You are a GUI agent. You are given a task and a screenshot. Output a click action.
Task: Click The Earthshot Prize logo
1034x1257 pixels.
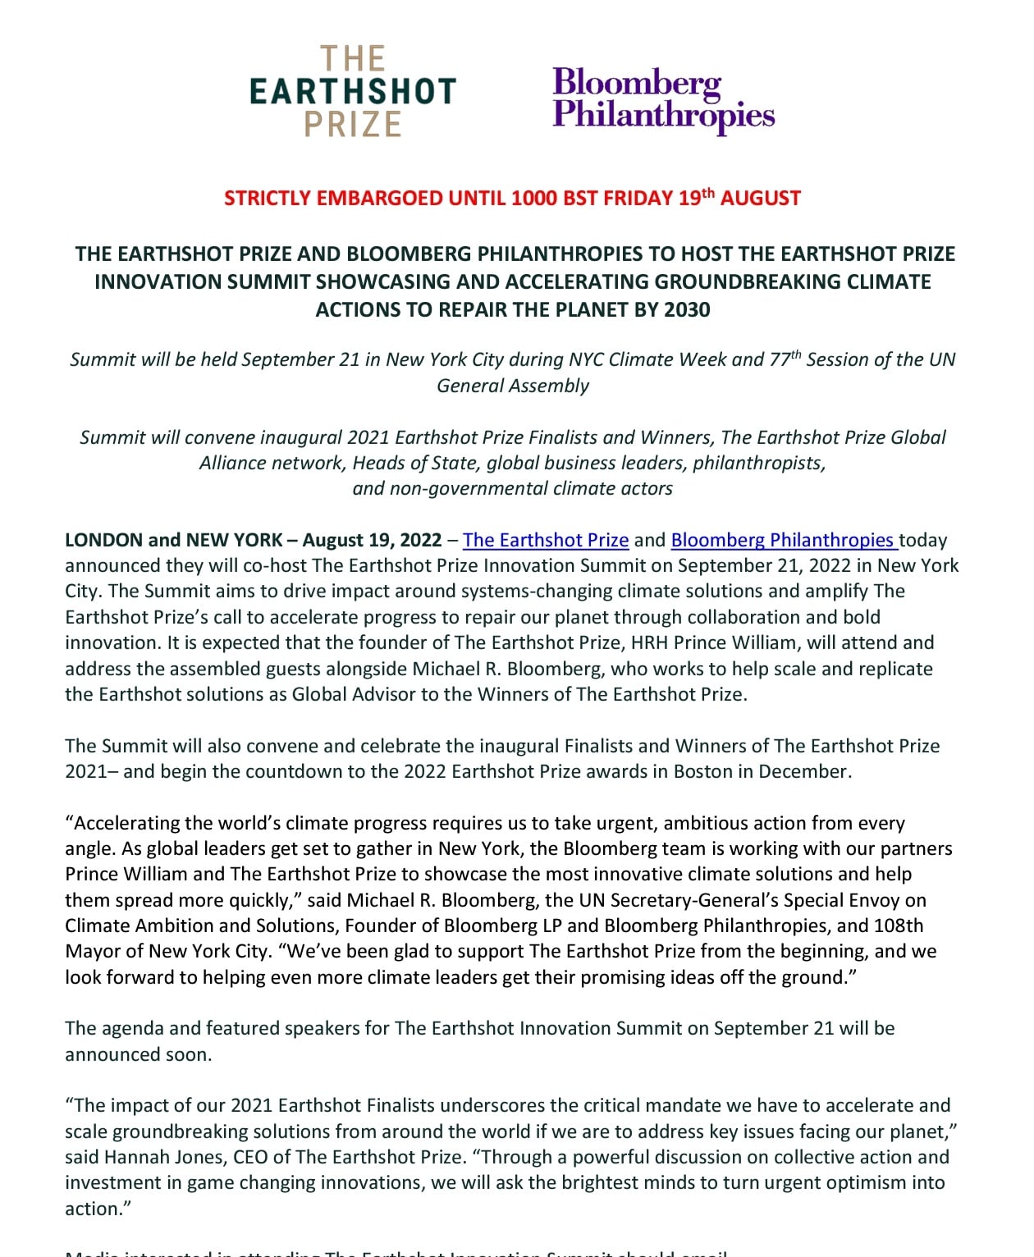[353, 91]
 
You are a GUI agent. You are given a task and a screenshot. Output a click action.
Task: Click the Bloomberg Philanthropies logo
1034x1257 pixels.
[663, 99]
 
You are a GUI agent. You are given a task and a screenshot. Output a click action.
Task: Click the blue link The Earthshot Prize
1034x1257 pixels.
[546, 540]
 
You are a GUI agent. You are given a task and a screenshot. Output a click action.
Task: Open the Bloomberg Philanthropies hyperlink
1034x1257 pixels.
[782, 540]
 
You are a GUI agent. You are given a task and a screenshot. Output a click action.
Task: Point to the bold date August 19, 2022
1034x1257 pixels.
[372, 540]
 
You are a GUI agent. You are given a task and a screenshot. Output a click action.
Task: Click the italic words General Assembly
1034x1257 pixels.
[513, 386]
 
